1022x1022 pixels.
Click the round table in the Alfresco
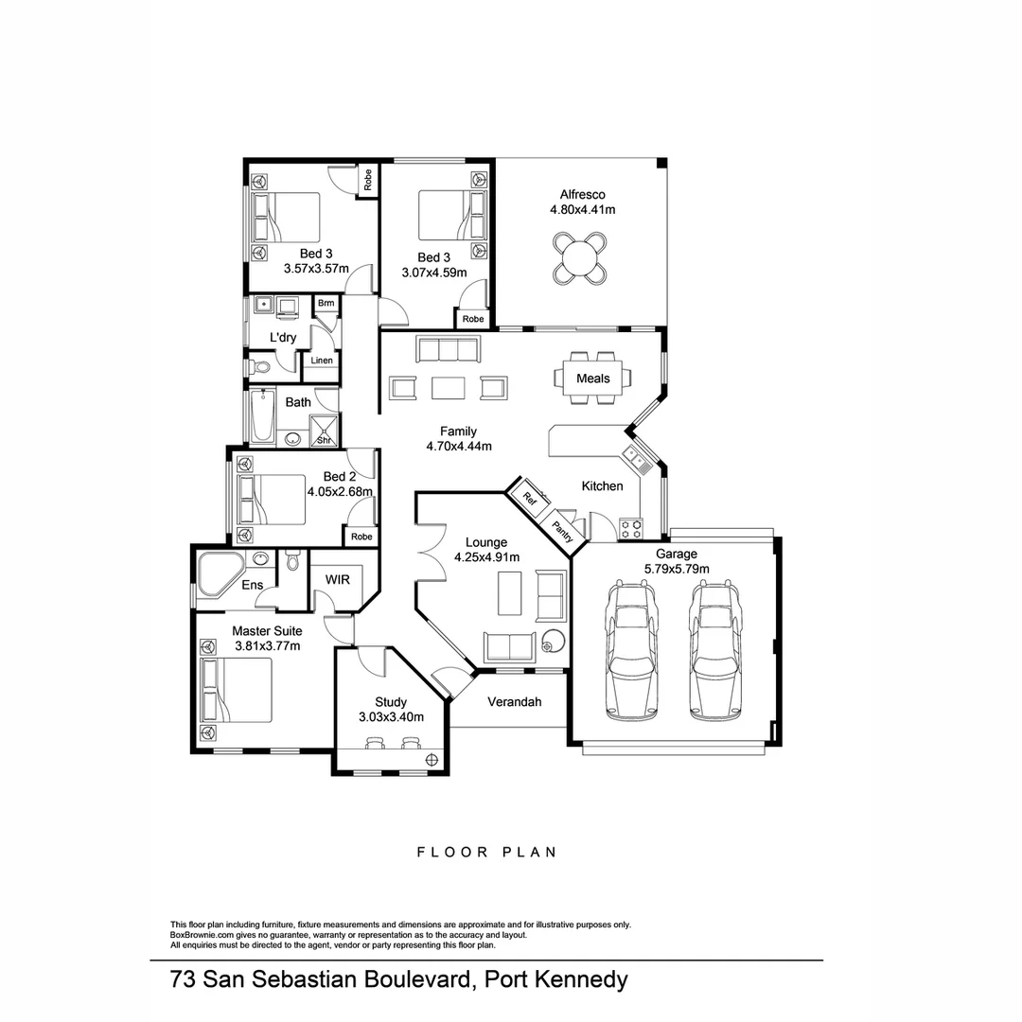(578, 257)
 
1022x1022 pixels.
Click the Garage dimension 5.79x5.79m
(677, 569)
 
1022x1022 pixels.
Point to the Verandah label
(514, 702)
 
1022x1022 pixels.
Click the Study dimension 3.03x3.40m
(391, 717)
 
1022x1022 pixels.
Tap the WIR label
(338, 579)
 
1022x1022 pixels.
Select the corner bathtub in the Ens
(220, 573)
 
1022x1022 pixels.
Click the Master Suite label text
(268, 630)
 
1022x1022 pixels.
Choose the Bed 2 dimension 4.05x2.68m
(342, 492)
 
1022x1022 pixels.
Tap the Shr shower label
(324, 440)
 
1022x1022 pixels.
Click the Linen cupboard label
(322, 361)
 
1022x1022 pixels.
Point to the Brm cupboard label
(326, 304)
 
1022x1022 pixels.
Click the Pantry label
(562, 529)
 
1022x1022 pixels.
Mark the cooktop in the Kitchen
(630, 527)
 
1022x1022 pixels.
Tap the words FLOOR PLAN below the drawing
(486, 852)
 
